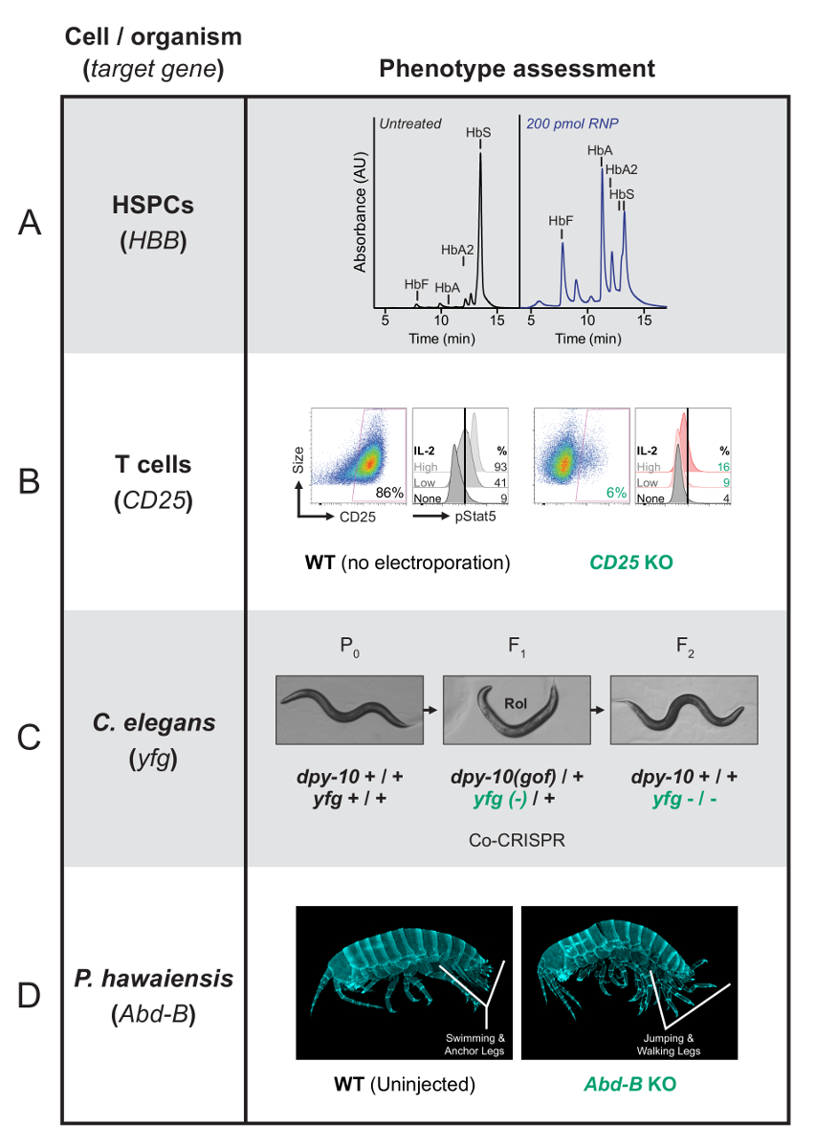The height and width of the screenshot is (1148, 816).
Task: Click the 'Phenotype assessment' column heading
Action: pos(517,69)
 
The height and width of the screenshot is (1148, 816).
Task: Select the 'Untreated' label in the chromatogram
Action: pos(409,123)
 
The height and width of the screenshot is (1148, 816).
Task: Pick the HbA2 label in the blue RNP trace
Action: pos(622,169)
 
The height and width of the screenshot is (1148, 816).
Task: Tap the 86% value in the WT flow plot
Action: pos(387,492)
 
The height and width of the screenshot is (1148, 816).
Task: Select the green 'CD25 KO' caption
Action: pos(630,563)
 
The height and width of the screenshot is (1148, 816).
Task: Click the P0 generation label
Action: pos(348,643)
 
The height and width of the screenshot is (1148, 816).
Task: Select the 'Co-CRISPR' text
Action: pos(517,839)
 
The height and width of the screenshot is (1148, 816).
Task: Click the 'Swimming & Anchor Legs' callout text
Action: pos(479,1045)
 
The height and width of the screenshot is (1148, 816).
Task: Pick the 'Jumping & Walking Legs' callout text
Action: pos(669,1045)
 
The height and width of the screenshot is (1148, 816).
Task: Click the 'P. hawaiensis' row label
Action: pos(153,979)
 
